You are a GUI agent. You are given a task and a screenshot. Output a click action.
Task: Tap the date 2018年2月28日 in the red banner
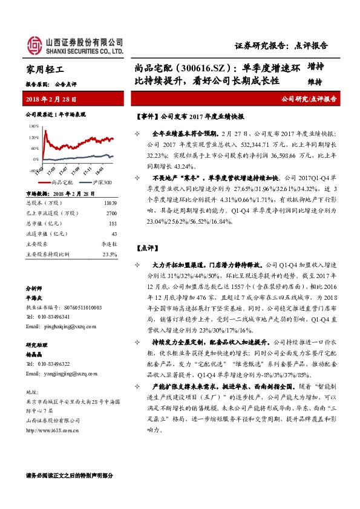[51, 99]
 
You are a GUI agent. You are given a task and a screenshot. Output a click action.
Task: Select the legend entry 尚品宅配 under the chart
[63, 181]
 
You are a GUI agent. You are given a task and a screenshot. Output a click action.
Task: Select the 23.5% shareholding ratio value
[110, 254]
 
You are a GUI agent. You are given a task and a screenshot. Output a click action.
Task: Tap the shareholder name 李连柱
[108, 244]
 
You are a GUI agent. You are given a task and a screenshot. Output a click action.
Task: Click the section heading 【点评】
[148, 248]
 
